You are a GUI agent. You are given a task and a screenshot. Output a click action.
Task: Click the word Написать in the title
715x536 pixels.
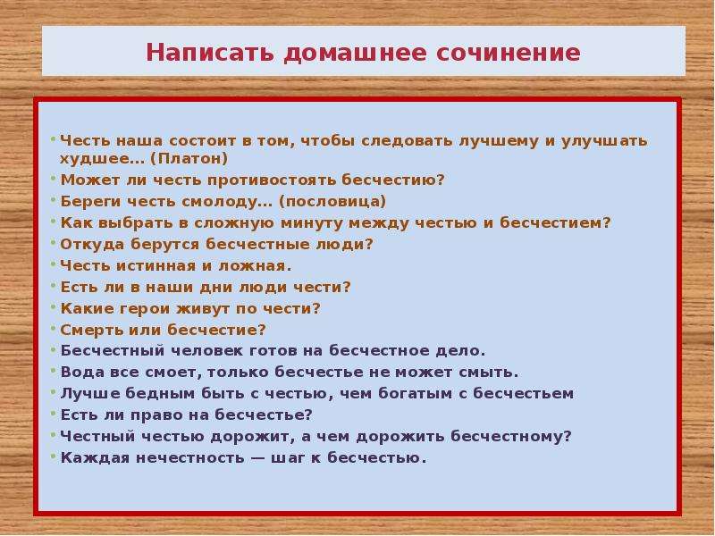point(210,53)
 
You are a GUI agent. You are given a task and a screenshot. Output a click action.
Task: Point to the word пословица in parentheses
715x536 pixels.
point(332,202)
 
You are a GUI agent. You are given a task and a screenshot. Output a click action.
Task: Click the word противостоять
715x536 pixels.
point(271,180)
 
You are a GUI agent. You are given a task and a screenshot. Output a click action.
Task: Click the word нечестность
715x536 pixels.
point(190,457)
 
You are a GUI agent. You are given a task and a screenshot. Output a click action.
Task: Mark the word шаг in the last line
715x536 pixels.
point(287,457)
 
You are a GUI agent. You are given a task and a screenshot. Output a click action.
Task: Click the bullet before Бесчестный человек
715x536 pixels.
point(53,350)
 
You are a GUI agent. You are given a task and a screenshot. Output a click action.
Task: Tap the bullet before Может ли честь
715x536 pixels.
point(53,180)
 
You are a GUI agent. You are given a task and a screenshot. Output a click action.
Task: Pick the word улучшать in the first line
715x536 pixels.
point(604,141)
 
